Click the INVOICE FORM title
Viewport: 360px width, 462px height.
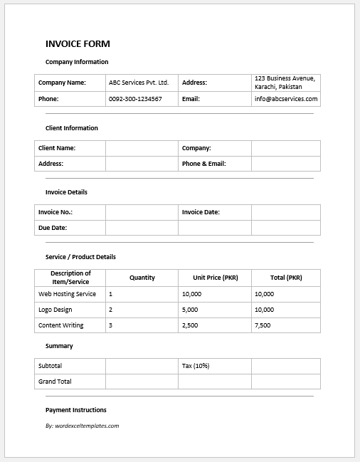(x=78, y=43)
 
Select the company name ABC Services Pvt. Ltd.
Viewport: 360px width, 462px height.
(x=138, y=83)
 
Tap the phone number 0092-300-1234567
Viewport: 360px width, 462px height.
(x=135, y=99)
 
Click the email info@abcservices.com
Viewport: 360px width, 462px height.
(x=286, y=99)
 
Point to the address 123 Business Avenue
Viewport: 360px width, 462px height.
(x=285, y=78)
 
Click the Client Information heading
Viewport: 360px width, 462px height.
(x=72, y=128)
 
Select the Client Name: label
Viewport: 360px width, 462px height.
(x=57, y=148)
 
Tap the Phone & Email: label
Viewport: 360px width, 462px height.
(x=203, y=164)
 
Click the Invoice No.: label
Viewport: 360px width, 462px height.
(x=55, y=212)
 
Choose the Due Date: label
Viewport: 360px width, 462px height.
(x=52, y=228)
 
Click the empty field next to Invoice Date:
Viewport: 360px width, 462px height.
(x=285, y=212)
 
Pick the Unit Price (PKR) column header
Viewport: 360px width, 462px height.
(x=215, y=278)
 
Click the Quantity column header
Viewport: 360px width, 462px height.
(x=142, y=278)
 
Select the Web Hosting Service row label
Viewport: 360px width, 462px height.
(x=67, y=294)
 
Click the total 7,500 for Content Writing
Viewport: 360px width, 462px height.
(x=263, y=325)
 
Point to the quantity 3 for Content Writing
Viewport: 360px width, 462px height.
(x=111, y=325)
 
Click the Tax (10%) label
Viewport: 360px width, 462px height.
(x=196, y=366)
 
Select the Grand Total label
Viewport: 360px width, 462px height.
(x=55, y=382)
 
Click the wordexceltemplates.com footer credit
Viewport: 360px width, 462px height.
(x=82, y=426)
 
